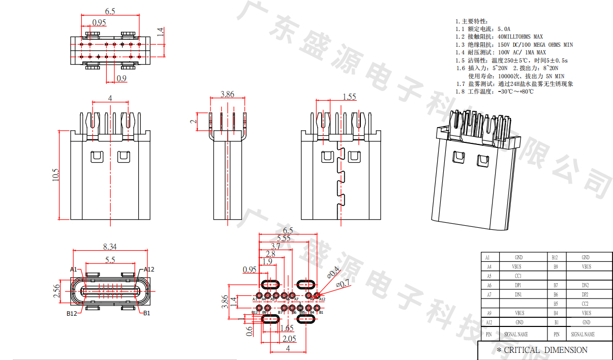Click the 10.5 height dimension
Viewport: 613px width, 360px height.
[56, 175]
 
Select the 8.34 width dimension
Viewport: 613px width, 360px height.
[110, 247]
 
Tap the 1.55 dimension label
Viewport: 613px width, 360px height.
[349, 97]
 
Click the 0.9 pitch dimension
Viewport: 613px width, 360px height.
[121, 78]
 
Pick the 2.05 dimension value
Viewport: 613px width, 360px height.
[289, 339]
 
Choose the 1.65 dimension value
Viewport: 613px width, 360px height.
[287, 328]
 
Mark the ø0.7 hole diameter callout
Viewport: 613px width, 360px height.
[344, 284]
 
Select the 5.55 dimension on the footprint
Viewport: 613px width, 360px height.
[284, 238]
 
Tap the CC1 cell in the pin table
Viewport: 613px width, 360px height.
[518, 276]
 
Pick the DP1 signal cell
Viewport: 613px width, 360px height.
[518, 285]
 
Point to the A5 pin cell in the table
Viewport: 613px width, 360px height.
[488, 276]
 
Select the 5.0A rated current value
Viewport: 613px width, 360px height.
[504, 29]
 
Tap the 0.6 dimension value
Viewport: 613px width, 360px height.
[250, 331]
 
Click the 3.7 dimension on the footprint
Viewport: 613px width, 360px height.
[275, 246]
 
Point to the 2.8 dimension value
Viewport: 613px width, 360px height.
[270, 254]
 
